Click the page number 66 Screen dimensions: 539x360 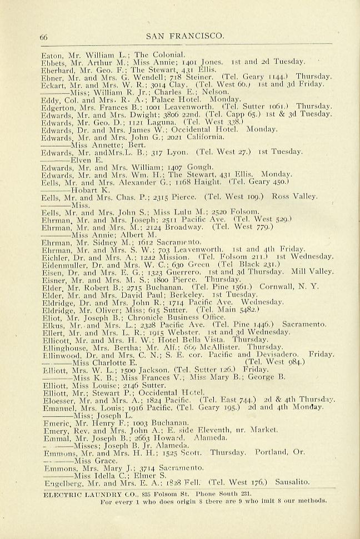click(x=44, y=37)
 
